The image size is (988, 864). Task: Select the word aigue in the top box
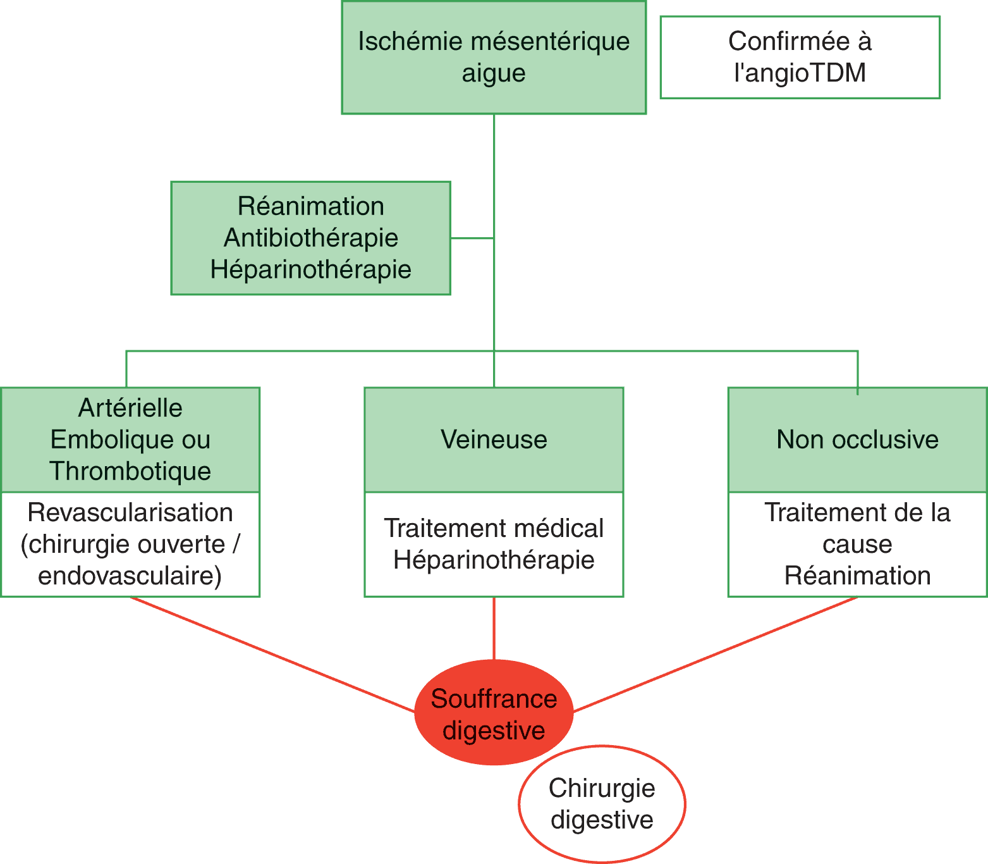click(494, 73)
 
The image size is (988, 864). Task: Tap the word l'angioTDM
click(800, 73)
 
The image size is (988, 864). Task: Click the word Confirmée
click(789, 42)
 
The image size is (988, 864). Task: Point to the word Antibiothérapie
click(311, 238)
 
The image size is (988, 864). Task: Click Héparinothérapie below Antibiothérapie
click(311, 270)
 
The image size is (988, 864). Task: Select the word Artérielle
click(130, 408)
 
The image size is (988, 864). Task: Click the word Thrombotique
click(130, 471)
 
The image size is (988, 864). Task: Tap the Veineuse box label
click(494, 440)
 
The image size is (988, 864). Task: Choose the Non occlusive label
click(857, 440)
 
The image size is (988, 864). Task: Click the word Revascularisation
click(130, 513)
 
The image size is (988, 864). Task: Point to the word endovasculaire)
click(130, 576)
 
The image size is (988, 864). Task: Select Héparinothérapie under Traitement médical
click(494, 560)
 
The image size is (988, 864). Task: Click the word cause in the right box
click(857, 545)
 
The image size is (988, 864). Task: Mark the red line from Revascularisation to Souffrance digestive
click(272, 655)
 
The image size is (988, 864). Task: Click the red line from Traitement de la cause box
click(714, 655)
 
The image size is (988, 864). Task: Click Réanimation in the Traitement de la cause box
click(857, 576)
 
